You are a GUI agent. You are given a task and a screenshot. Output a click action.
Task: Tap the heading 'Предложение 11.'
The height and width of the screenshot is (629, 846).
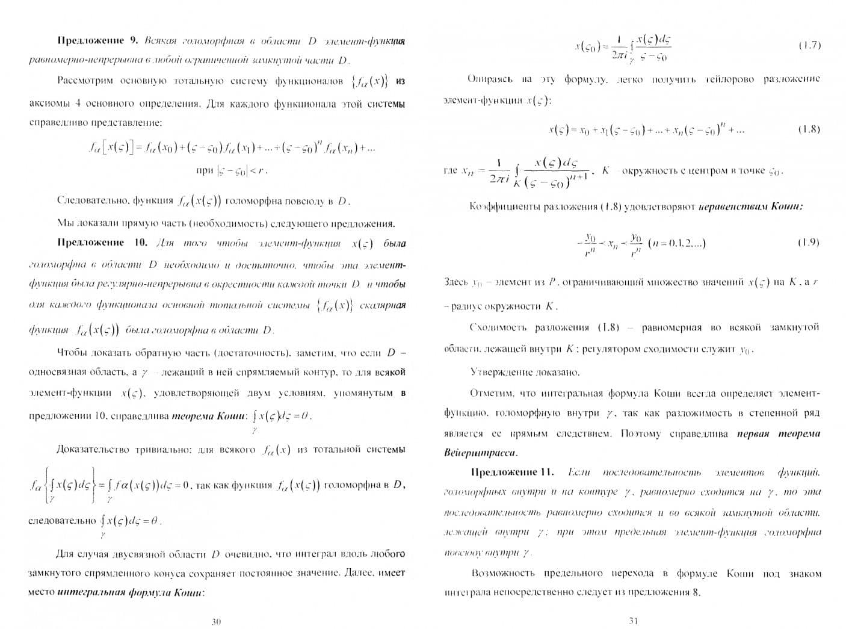[x=511, y=472]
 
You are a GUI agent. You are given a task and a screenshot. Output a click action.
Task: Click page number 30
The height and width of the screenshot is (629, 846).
[x=216, y=622]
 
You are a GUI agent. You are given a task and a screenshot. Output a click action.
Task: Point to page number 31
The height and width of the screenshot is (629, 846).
[x=632, y=621]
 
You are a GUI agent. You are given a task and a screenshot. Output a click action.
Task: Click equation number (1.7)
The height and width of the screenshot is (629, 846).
[x=809, y=45]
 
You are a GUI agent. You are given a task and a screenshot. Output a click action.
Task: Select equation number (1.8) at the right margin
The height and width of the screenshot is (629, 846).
[x=809, y=129]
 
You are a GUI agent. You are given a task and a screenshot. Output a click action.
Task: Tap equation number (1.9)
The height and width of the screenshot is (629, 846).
[x=809, y=242]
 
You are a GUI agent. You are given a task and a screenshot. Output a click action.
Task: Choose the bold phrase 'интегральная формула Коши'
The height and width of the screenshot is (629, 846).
[x=130, y=592]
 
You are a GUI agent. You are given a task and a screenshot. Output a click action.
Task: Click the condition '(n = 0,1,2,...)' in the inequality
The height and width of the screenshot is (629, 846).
[x=677, y=243]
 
